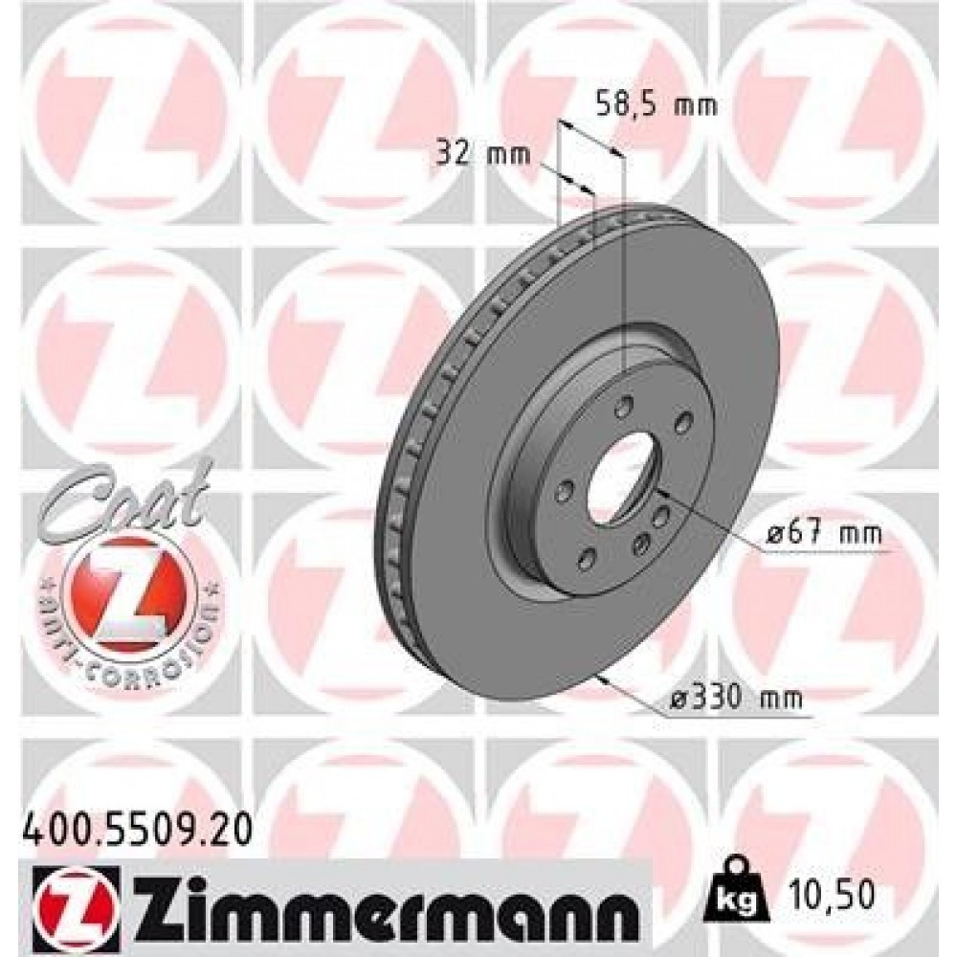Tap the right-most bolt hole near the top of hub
click(x=682, y=422)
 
